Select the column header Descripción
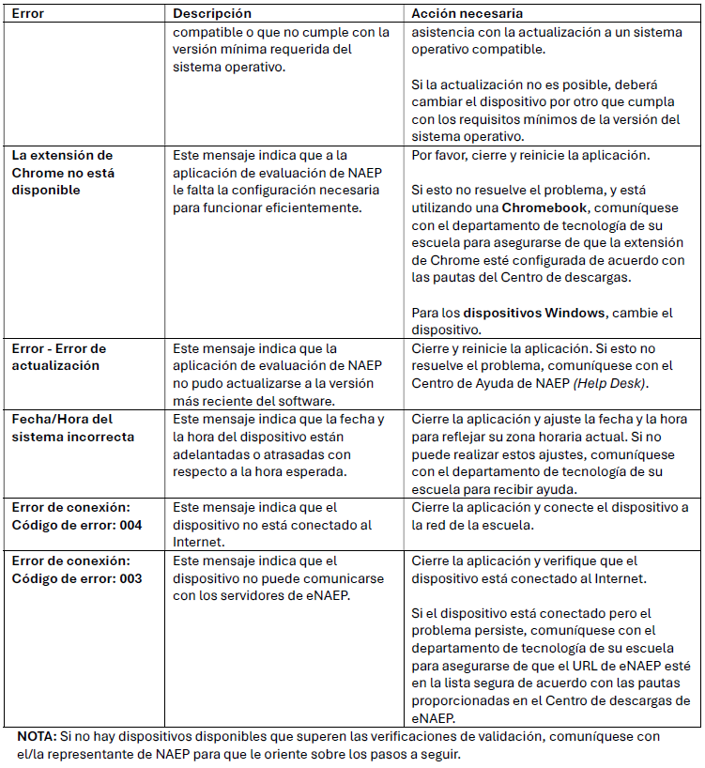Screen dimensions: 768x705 212,14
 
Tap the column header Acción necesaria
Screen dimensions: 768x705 467,14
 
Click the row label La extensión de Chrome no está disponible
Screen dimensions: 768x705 62,173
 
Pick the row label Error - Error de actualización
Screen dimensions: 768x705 59,357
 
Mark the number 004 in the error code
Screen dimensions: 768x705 130,525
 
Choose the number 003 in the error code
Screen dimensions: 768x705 130,578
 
